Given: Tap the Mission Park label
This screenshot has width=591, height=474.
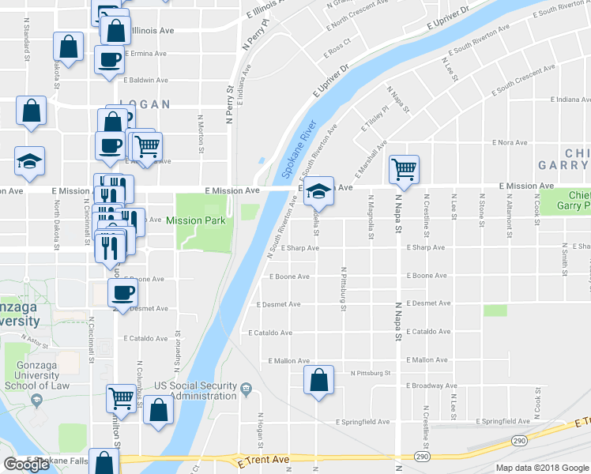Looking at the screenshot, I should click(195, 220).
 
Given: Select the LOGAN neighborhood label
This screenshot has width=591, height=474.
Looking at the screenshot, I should click(145, 104).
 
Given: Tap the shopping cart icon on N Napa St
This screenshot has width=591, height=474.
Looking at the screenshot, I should click(404, 169).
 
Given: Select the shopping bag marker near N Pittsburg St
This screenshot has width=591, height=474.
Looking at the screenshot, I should click(318, 380).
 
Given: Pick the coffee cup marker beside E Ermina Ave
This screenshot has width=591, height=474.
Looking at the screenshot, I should click(109, 58).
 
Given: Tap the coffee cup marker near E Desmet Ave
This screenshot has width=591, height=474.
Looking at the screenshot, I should click(122, 293).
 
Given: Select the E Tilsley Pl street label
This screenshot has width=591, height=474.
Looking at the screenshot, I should click(375, 118).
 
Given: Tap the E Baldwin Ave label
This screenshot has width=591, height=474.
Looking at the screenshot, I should click(145, 80).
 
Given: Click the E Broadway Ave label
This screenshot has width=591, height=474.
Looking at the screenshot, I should click(427, 386).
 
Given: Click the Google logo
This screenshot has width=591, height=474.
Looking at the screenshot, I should click(27, 465).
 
